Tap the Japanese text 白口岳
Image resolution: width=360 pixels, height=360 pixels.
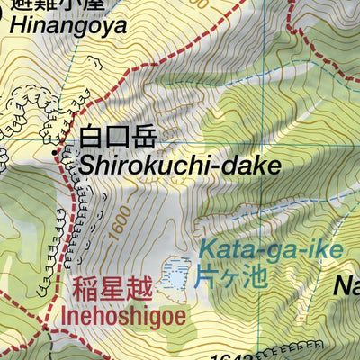[x=118, y=138]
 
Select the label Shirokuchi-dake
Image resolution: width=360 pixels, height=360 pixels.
[x=180, y=165]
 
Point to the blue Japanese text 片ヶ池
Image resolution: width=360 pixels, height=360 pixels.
[x=232, y=276]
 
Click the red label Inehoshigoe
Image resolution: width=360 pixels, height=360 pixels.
[x=126, y=318]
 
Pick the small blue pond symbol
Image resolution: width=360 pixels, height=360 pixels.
[x=176, y=274]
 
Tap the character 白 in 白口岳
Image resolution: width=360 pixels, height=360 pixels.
[x=92, y=138]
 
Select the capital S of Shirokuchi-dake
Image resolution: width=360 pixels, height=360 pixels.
[x=89, y=165]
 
